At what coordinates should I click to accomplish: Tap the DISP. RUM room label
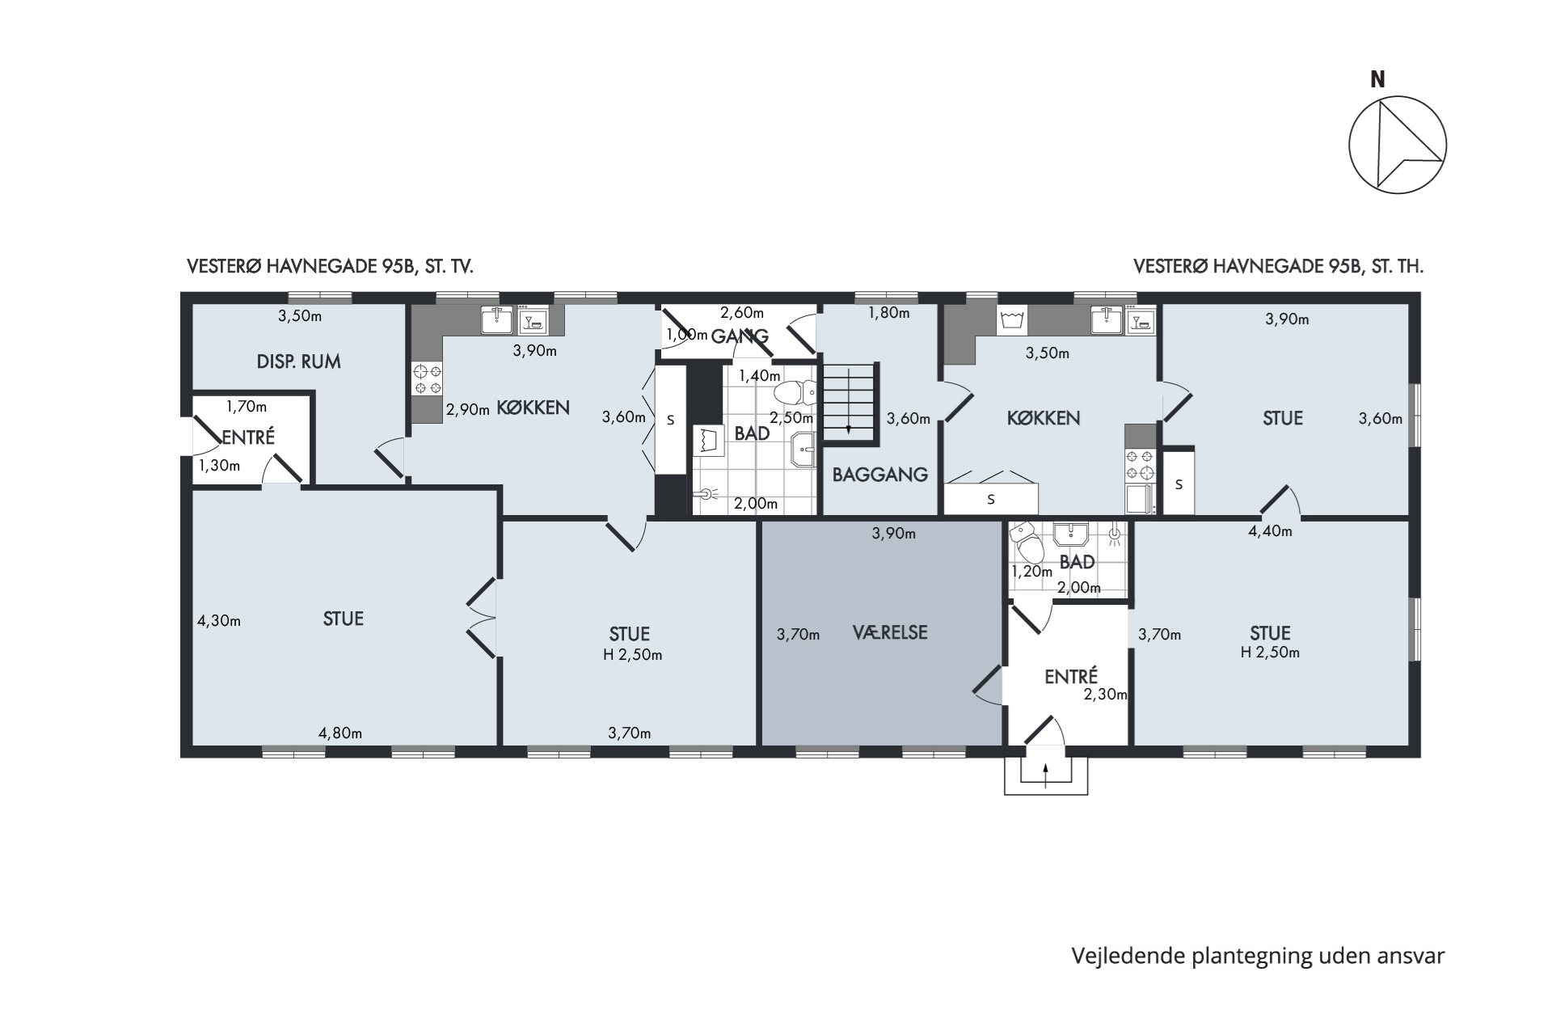[298, 361]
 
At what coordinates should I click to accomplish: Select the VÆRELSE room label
[890, 632]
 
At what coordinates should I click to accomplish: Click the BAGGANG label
[879, 475]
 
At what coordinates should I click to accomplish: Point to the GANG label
[740, 336]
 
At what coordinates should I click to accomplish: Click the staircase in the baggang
[850, 403]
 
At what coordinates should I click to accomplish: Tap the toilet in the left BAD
[796, 393]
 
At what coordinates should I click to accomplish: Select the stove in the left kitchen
[427, 379]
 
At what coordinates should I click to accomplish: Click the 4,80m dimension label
[339, 733]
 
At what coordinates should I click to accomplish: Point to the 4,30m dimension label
[219, 621]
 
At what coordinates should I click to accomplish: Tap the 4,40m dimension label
[1270, 531]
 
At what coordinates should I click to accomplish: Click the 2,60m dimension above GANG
[742, 313]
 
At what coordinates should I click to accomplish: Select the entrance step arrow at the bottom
[1046, 774]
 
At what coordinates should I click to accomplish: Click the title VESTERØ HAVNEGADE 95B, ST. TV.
[330, 267]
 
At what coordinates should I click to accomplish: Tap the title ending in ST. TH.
[1278, 267]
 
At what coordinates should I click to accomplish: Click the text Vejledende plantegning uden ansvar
[1258, 956]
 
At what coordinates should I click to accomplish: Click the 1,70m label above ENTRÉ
[247, 407]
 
